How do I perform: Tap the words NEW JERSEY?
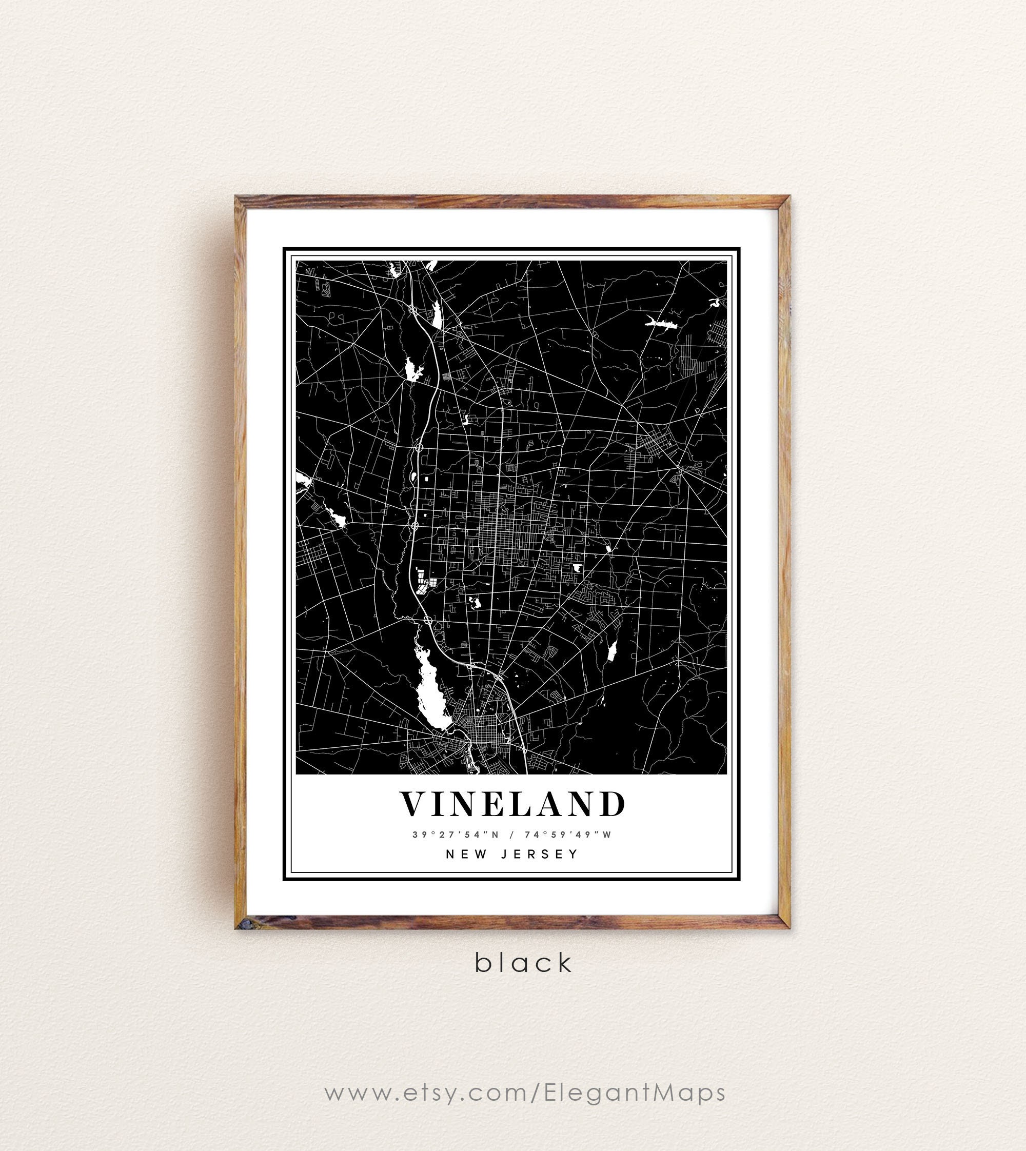(x=512, y=854)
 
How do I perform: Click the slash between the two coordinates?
(x=511, y=835)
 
